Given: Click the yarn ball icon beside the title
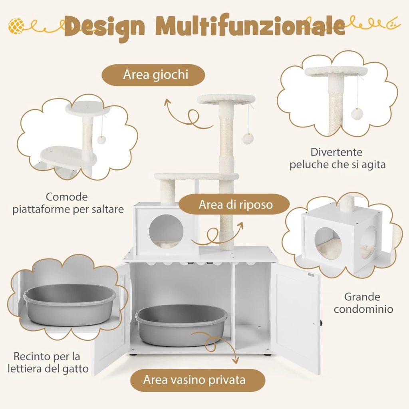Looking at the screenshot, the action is (16, 26).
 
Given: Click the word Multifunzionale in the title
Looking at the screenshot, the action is (251, 26).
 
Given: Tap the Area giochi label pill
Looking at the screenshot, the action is (153, 75).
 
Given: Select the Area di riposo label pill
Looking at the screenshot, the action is (234, 204).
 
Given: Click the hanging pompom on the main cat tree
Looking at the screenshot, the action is (248, 139).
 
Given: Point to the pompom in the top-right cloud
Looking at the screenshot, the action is (356, 114).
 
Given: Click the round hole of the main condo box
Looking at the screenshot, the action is (166, 231).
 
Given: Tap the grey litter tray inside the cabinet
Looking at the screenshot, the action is (181, 325).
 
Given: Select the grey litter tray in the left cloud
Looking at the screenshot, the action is (69, 304).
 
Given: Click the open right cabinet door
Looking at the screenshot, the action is (295, 317).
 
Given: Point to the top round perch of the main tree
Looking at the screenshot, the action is (226, 99).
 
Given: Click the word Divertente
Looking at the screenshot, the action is (336, 152).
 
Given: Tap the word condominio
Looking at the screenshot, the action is (363, 309).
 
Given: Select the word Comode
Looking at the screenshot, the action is (67, 197).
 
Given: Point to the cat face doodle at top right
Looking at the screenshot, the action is (393, 24).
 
